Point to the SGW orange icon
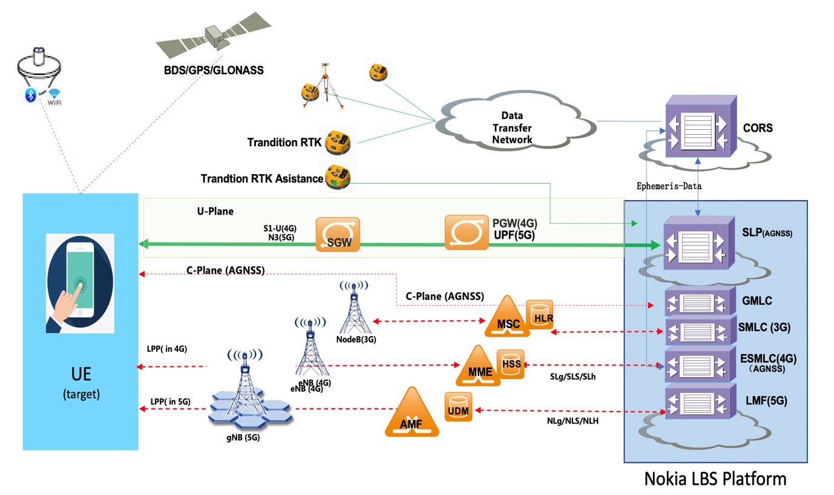click(x=338, y=235)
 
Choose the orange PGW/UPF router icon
click(x=465, y=232)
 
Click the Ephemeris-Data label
click(x=669, y=186)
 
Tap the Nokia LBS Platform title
click(x=715, y=479)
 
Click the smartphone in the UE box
click(x=80, y=279)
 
